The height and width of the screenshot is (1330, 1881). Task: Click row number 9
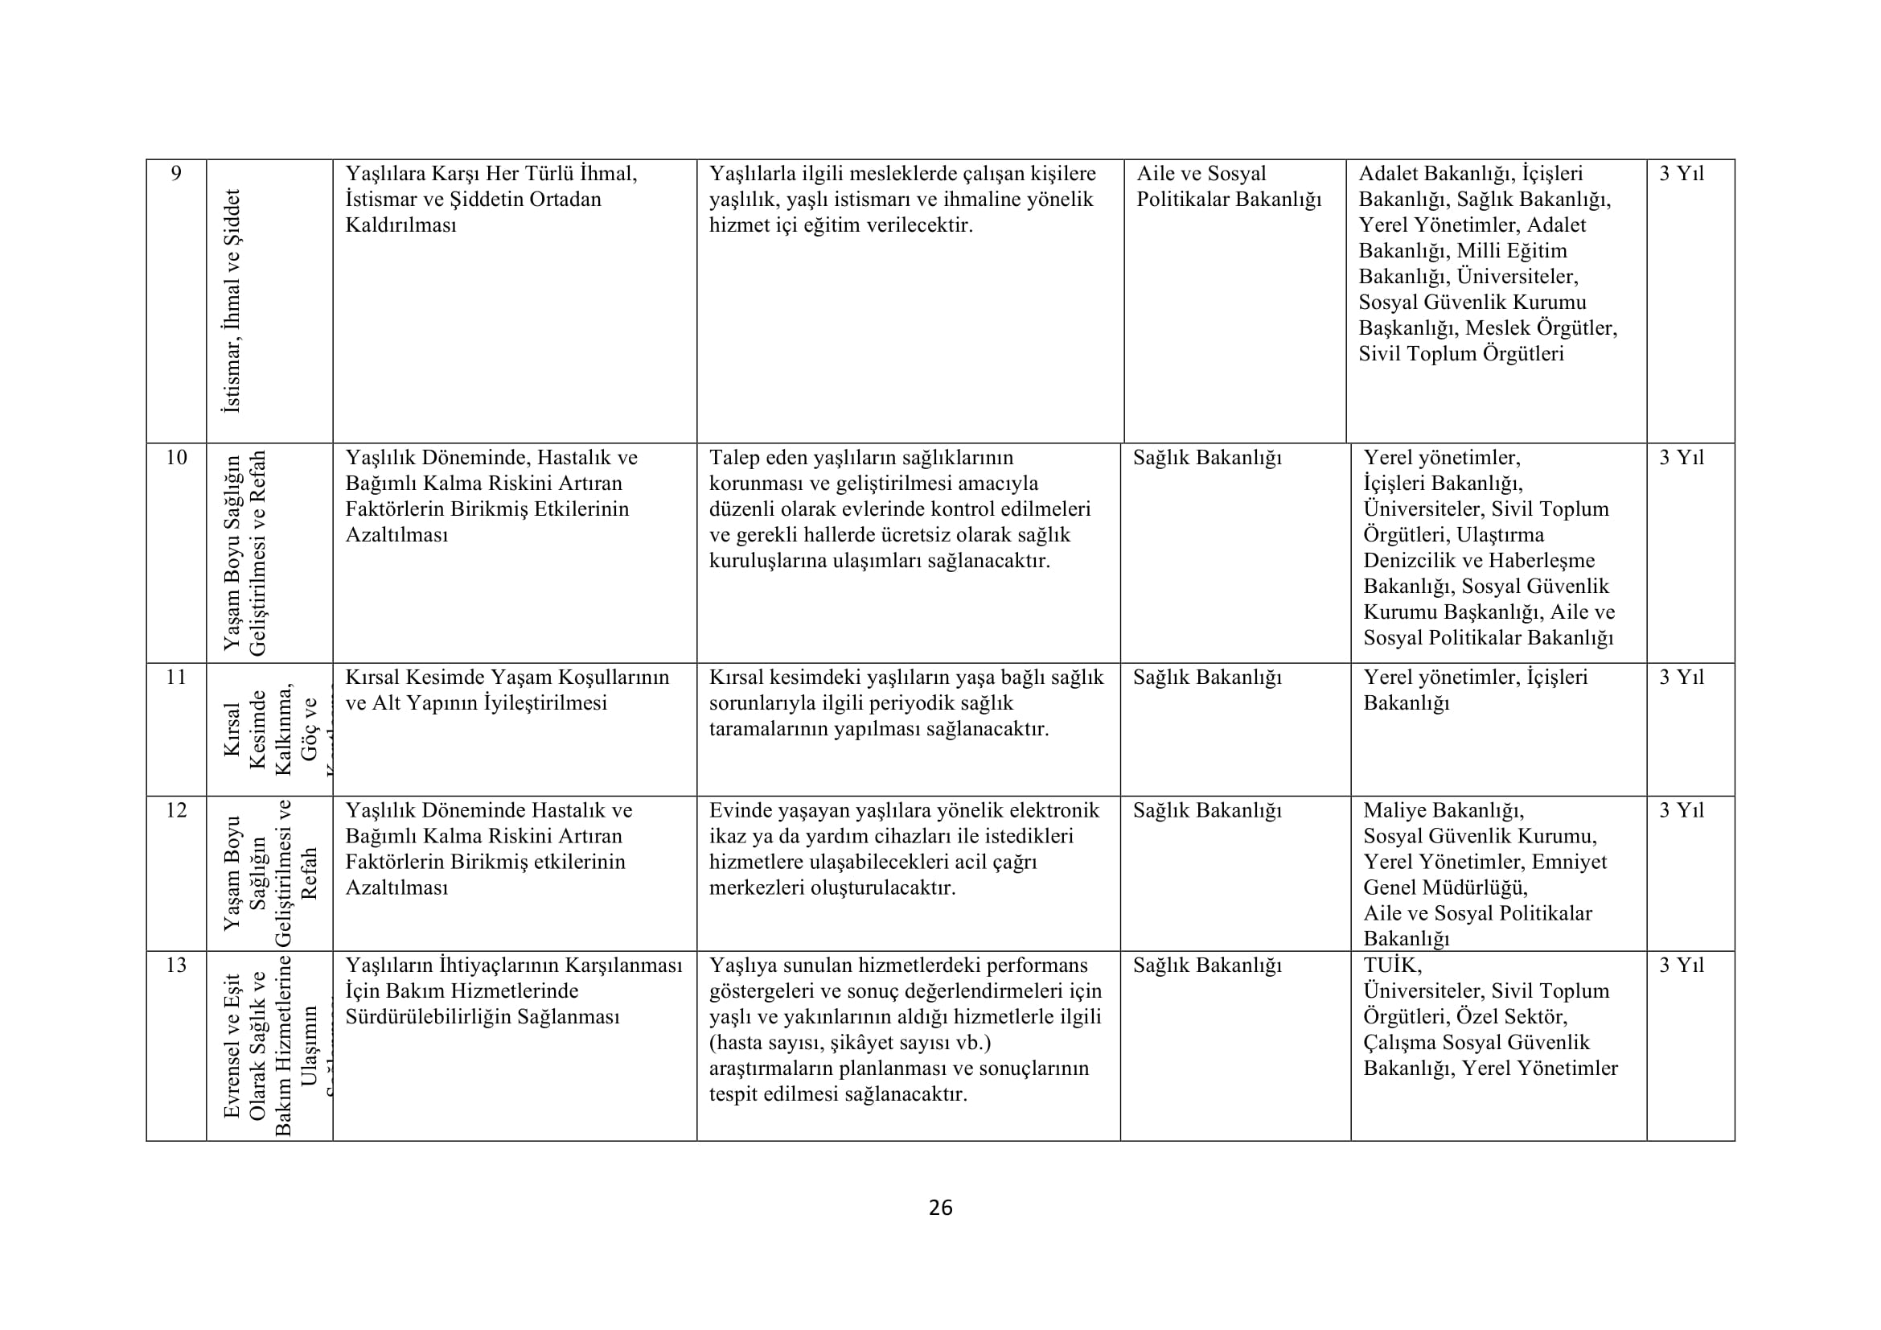pyautogui.click(x=176, y=174)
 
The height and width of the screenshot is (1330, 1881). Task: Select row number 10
pyautogui.click(x=176, y=458)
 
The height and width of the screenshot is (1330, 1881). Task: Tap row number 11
pyautogui.click(x=176, y=677)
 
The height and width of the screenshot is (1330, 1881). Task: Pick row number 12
pyautogui.click(x=176, y=810)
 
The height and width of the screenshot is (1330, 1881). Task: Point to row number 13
pyautogui.click(x=176, y=966)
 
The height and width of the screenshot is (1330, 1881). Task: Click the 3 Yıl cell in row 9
pyautogui.click(x=1681, y=174)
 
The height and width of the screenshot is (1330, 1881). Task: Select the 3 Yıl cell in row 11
pyautogui.click(x=1681, y=677)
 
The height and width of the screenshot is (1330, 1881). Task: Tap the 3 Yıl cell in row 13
pyautogui.click(x=1681, y=966)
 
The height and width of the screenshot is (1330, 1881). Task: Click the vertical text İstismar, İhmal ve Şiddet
pyautogui.click(x=232, y=301)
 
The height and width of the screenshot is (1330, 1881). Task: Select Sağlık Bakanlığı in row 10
pyautogui.click(x=1207, y=458)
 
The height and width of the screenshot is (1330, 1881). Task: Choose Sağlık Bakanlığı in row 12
pyautogui.click(x=1207, y=810)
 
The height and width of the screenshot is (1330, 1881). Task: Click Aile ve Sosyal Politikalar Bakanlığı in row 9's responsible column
pyautogui.click(x=1228, y=187)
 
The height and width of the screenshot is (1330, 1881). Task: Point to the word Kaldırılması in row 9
pyautogui.click(x=400, y=225)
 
